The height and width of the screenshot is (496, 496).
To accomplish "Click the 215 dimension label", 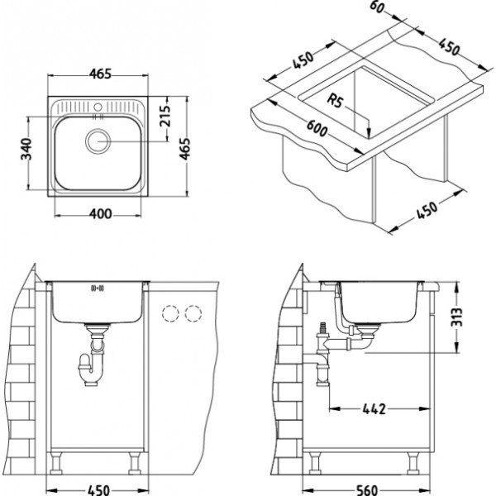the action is click(x=165, y=116).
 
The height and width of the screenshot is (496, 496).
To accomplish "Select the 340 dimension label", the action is click(x=26, y=149).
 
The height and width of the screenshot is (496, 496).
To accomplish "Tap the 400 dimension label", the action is click(x=100, y=214).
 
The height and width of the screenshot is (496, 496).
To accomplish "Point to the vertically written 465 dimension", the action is click(x=185, y=149).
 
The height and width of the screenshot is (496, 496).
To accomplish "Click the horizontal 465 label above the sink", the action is click(x=100, y=74).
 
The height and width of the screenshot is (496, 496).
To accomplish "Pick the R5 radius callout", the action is click(x=335, y=101).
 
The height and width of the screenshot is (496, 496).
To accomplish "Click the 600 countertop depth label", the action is click(x=317, y=128).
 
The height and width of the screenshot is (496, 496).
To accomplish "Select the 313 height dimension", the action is click(x=457, y=317).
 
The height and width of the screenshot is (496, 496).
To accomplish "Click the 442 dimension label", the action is click(x=374, y=409).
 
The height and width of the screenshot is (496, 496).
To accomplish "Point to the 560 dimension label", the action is click(x=367, y=490).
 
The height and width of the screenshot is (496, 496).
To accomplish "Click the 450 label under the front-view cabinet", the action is click(x=98, y=490).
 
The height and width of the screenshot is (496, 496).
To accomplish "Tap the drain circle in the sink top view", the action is click(x=98, y=141).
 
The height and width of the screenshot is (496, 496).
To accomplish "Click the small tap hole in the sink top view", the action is click(x=98, y=107).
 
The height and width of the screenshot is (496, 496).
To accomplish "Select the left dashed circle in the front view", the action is click(x=170, y=313).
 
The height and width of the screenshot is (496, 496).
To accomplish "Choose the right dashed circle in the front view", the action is click(x=193, y=313).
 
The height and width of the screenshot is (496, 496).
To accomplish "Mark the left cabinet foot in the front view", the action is click(x=56, y=463).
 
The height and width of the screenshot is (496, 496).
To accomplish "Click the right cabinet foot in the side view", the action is click(x=413, y=463).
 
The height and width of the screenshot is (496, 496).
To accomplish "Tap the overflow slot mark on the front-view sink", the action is click(x=98, y=288).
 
